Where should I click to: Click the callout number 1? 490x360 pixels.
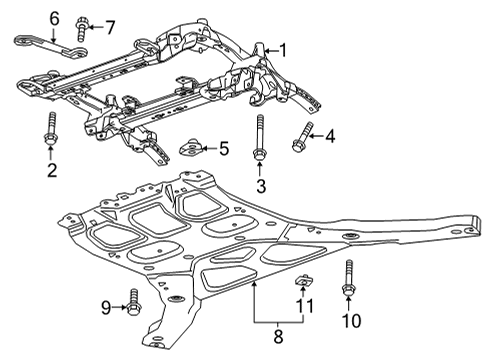[x=283, y=49]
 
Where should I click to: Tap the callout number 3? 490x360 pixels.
[x=260, y=186]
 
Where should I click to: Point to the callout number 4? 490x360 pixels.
[x=331, y=135]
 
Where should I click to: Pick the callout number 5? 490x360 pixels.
[x=224, y=149]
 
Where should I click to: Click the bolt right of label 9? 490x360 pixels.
[x=133, y=299]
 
